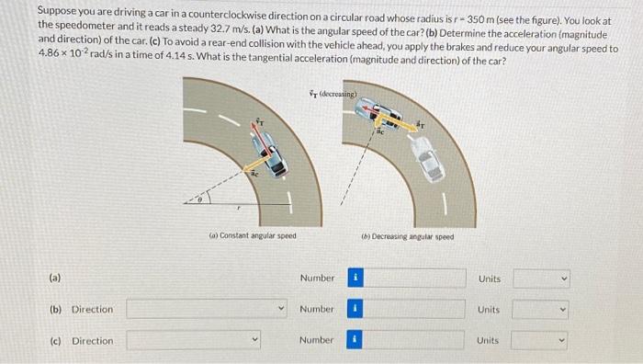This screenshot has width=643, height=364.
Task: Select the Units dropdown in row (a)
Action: point(541,278)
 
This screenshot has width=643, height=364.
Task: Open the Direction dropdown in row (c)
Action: point(194,341)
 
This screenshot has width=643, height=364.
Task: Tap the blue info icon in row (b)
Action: point(355,310)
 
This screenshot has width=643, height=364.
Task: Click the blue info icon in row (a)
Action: point(355,278)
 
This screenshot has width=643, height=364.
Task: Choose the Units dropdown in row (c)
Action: point(541,341)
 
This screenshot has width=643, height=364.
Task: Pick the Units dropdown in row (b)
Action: point(541,310)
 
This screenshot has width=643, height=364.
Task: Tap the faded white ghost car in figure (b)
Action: point(428,158)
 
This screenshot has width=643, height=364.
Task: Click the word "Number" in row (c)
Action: point(317,341)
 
